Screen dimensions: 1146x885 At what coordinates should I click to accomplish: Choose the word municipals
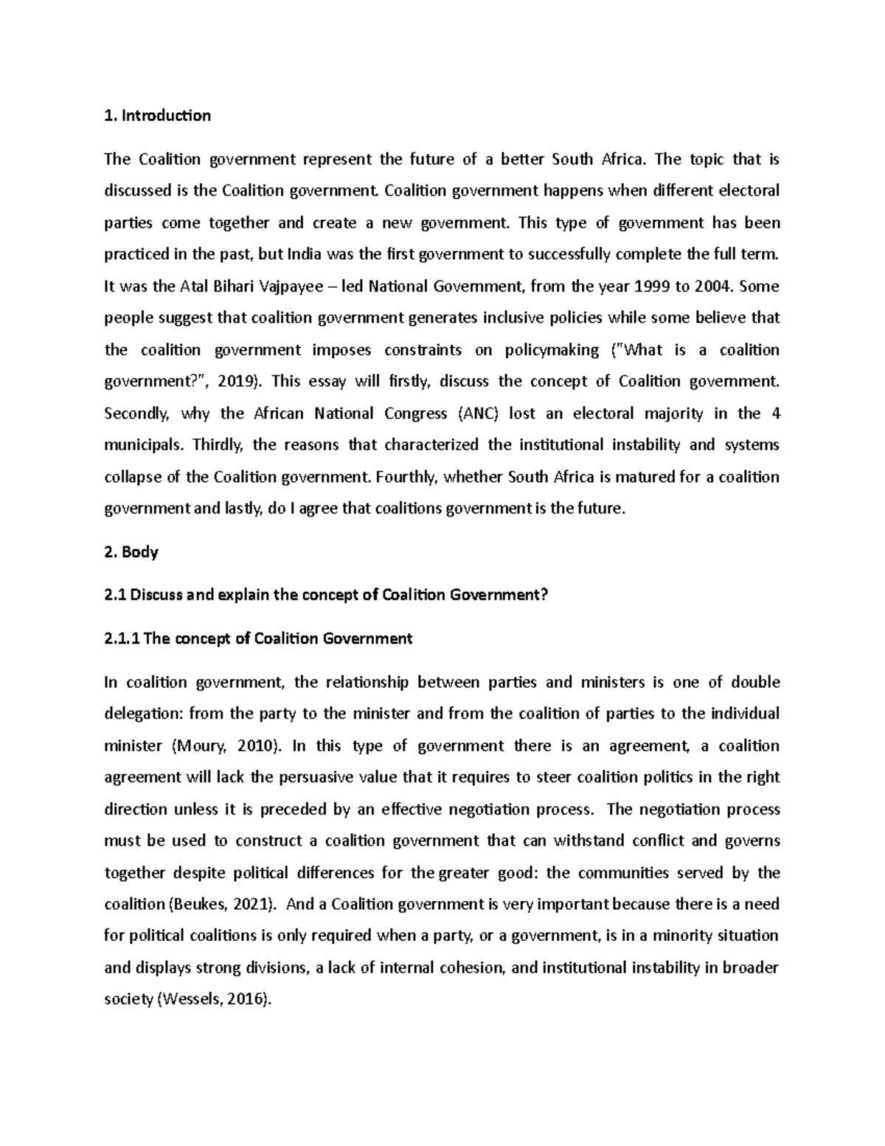(x=146, y=445)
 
